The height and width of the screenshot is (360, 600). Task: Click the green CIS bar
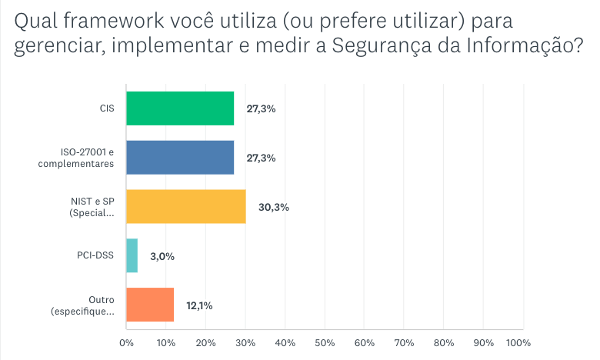[179, 108]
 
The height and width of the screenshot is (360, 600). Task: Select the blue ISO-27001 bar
[179, 158]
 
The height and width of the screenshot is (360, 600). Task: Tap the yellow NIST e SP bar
[185, 206]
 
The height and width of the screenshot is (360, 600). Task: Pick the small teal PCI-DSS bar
[132, 255]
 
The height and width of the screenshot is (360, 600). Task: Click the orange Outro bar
[149, 305]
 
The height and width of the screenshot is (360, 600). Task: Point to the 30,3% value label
[273, 207]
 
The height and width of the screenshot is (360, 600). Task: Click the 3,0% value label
[162, 256]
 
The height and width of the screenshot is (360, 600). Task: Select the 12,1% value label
[198, 305]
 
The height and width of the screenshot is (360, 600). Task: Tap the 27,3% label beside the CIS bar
[261, 108]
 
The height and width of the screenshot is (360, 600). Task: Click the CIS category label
[106, 108]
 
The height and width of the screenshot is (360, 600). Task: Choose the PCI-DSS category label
[97, 256]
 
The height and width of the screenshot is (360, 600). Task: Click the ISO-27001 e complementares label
[87, 158]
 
